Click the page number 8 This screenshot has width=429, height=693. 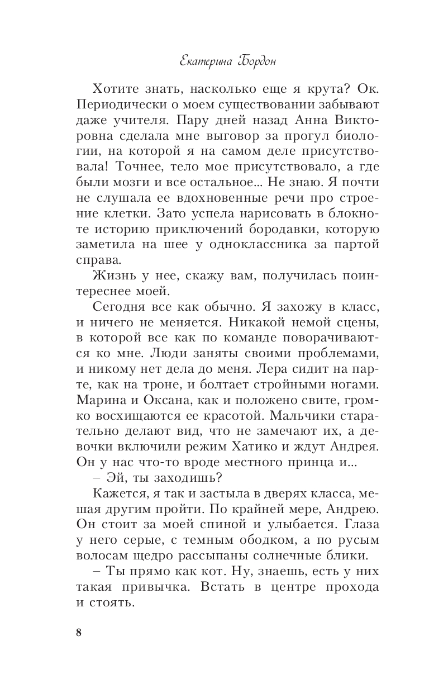pos(78,633)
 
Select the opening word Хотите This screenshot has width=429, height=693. pos(117,89)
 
